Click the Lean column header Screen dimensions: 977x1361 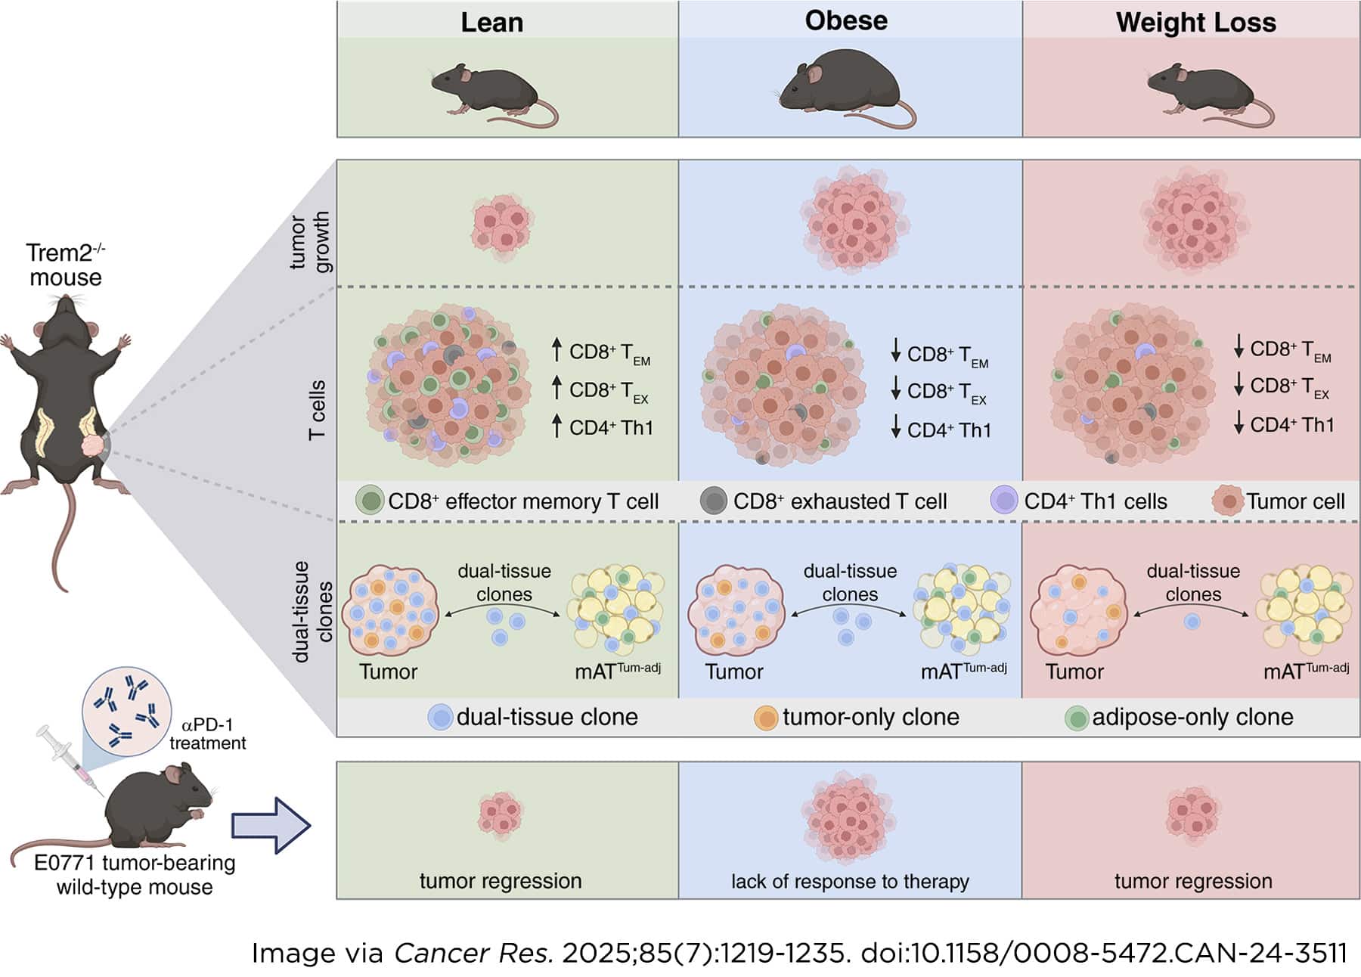(491, 22)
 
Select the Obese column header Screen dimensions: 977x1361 (846, 20)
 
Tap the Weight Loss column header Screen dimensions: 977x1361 (1195, 22)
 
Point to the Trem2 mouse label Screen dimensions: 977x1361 (65, 265)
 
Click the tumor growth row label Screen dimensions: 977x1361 (310, 242)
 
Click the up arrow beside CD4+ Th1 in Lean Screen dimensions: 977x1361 (556, 426)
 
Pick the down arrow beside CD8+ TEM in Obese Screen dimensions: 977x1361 (896, 351)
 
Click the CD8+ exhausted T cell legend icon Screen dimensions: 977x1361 (713, 501)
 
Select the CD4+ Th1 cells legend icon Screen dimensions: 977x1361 (1004, 501)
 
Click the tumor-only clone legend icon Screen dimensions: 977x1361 (766, 717)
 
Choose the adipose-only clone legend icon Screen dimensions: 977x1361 (1076, 718)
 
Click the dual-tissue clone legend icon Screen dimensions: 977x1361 (440, 717)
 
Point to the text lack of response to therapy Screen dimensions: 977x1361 (849, 881)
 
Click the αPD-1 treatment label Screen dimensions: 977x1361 (207, 734)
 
